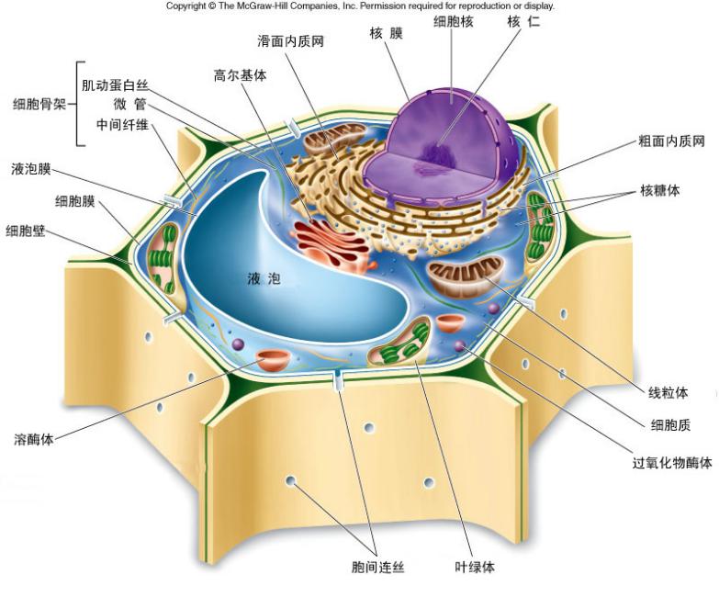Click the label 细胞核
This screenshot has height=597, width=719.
(455, 21)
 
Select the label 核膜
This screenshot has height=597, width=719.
(386, 34)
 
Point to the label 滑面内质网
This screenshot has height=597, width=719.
(290, 41)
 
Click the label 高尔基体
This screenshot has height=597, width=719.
(240, 76)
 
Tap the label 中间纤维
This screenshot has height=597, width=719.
(121, 124)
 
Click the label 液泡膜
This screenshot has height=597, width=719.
(31, 169)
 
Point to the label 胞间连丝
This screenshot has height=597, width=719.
(378, 567)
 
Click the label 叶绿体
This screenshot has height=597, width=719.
(475, 567)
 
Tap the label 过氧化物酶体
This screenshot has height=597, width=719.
(672, 462)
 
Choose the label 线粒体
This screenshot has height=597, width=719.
(668, 392)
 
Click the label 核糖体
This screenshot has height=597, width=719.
(661, 191)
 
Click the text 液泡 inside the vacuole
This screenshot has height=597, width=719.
(264, 276)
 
